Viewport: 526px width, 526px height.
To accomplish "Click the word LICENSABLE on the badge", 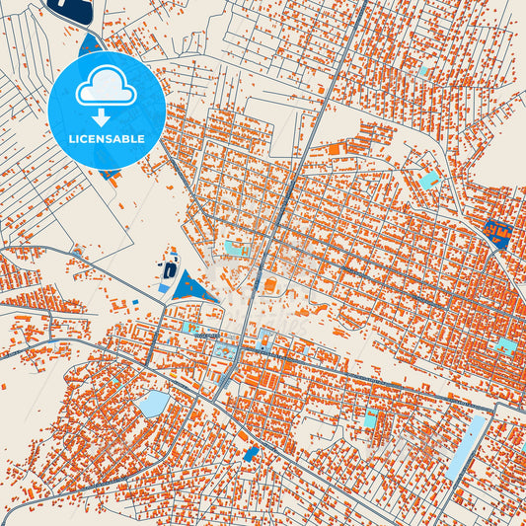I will [107, 139].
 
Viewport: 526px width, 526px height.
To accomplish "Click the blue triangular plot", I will [193, 287].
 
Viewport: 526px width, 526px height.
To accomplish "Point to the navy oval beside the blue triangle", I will [171, 268].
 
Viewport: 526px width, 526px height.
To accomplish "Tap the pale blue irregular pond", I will [154, 404].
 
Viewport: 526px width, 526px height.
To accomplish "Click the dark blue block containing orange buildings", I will [497, 234].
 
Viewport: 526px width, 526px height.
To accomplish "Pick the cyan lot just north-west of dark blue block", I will [429, 180].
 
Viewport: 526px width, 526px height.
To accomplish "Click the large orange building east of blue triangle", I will [269, 286].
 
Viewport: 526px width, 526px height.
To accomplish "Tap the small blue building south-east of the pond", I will [251, 453].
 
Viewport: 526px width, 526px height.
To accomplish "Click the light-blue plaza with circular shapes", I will [226, 350].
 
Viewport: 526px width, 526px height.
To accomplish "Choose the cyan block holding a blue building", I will [266, 341].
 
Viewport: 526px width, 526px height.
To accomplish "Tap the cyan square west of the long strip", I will [372, 417].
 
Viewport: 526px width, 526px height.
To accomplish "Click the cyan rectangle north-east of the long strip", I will [505, 345].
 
